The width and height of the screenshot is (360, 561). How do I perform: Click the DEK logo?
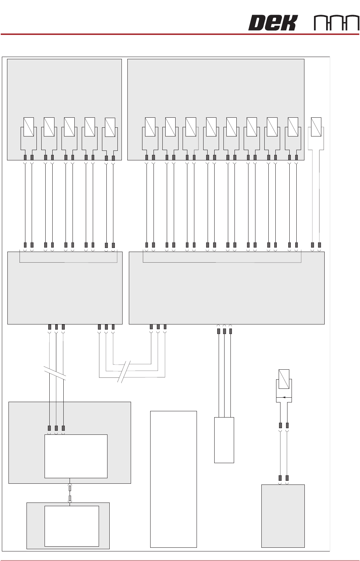coord(272,23)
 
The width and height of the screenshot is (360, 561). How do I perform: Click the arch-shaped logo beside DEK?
coord(336,23)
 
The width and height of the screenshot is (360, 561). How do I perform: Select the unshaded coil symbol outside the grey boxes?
coord(316,127)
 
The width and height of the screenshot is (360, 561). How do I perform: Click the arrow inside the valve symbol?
coord(284,397)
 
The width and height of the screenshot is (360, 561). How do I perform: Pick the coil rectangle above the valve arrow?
coord(284,379)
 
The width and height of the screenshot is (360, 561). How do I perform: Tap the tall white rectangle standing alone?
coord(173,479)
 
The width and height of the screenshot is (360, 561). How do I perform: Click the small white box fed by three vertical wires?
coord(224,440)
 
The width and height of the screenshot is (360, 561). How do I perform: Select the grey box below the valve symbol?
coord(283,516)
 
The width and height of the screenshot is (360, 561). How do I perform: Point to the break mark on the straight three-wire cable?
coord(55,373)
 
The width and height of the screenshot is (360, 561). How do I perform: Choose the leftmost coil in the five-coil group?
coord(29,127)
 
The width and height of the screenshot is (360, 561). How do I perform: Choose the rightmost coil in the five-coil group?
coord(110,127)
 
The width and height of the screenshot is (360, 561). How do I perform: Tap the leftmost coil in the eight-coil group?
coord(150,127)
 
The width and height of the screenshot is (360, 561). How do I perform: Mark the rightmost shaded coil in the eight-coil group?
coord(293,127)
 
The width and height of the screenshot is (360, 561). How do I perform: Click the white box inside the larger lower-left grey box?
coord(76,456)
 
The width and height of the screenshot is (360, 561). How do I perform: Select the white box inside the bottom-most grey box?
coord(71,526)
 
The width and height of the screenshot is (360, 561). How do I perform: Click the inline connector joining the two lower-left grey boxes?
coord(70,493)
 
